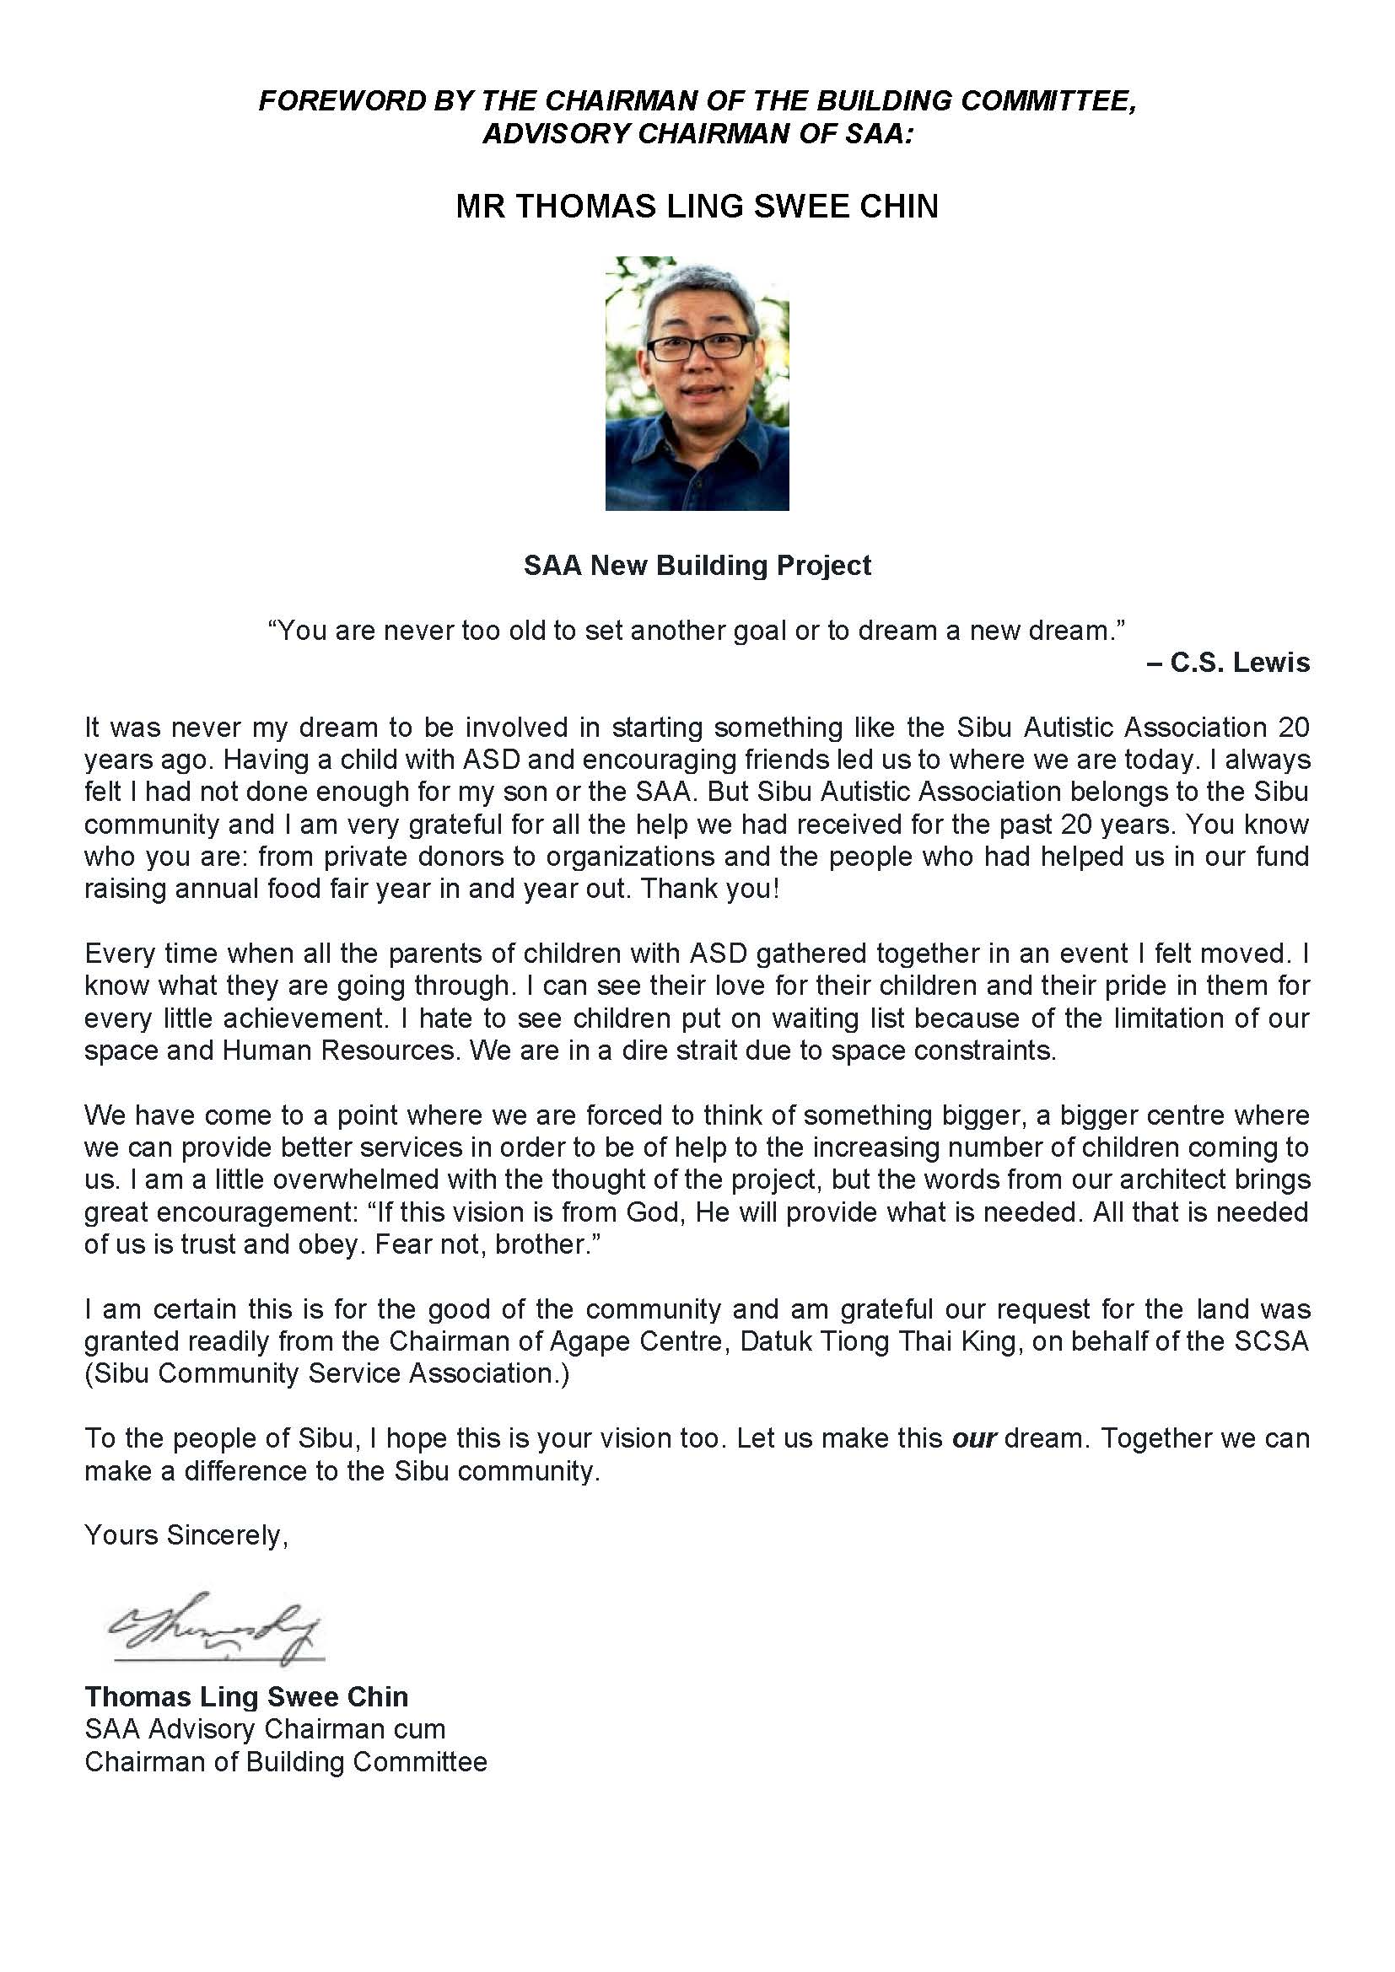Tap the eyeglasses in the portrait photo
pos(699,348)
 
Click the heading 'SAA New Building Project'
pos(697,565)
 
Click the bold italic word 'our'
pos(974,1437)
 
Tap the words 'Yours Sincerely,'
pos(186,1534)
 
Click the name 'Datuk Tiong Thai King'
pos(880,1341)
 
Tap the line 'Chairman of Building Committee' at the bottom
pos(285,1761)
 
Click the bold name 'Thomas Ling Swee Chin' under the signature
pos(246,1696)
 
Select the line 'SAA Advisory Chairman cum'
pos(265,1729)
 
